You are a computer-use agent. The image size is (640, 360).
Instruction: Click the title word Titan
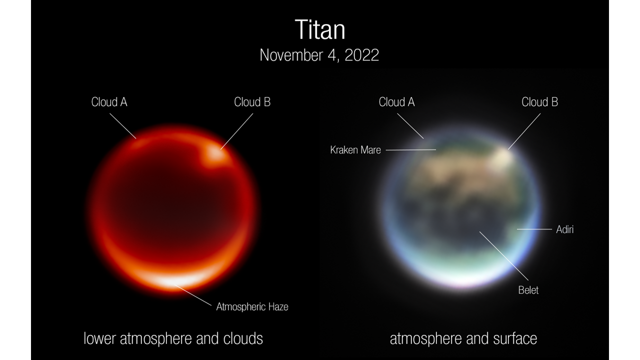click(319, 30)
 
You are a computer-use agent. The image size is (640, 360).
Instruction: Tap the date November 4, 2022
click(319, 55)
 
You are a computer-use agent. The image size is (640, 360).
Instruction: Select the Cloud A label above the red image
click(109, 102)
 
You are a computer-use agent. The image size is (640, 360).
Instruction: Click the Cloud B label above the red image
click(252, 102)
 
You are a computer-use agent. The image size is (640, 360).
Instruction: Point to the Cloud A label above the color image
click(396, 102)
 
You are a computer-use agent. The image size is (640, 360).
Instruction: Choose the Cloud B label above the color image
click(539, 102)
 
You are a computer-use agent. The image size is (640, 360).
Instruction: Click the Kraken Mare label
click(355, 149)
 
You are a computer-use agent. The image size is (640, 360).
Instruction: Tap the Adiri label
click(564, 229)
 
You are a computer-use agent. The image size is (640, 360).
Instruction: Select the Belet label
click(528, 290)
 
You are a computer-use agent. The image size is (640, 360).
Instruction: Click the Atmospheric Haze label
click(252, 306)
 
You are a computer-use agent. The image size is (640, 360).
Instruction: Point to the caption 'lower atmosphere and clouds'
click(173, 338)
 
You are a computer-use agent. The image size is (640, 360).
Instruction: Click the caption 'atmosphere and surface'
click(463, 338)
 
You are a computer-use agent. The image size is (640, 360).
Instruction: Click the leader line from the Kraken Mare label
click(410, 149)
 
